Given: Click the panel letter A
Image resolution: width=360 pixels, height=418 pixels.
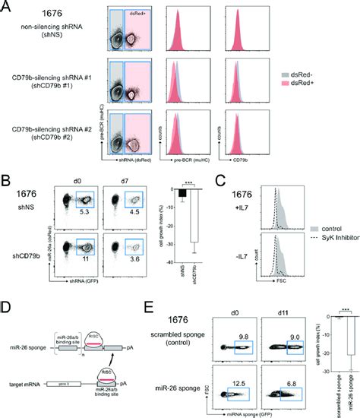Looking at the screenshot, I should click(5, 7).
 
